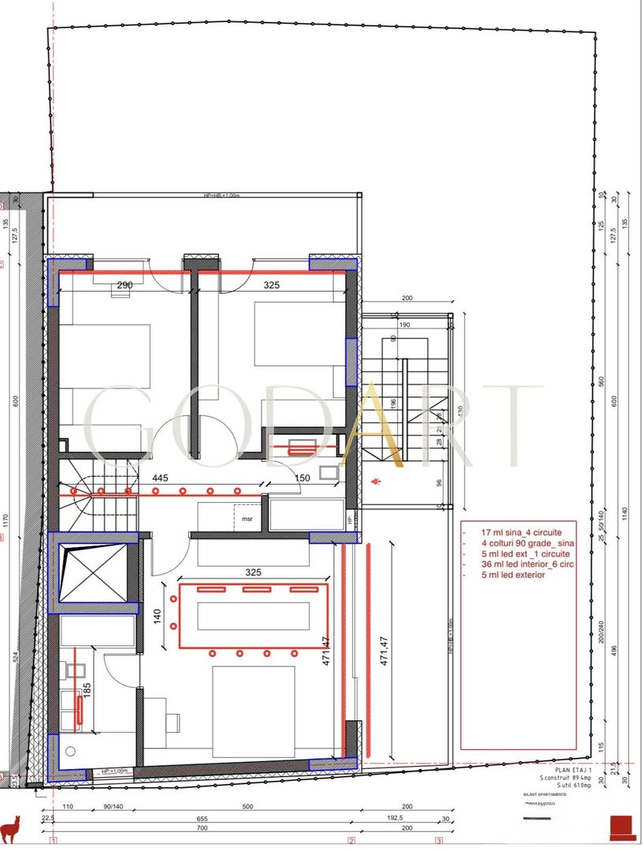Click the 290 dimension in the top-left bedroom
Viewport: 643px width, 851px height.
pyautogui.click(x=125, y=285)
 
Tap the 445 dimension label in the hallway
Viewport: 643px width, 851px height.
pyautogui.click(x=160, y=478)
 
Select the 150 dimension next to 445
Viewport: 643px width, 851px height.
pyautogui.click(x=302, y=478)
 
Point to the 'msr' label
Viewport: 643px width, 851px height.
pyautogui.click(x=247, y=519)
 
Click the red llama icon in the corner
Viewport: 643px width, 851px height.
pyautogui.click(x=11, y=828)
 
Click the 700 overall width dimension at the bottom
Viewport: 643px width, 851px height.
pyautogui.click(x=202, y=829)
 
